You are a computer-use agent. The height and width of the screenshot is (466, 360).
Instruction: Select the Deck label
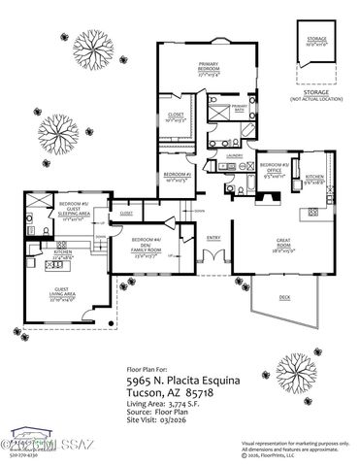(283, 296)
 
